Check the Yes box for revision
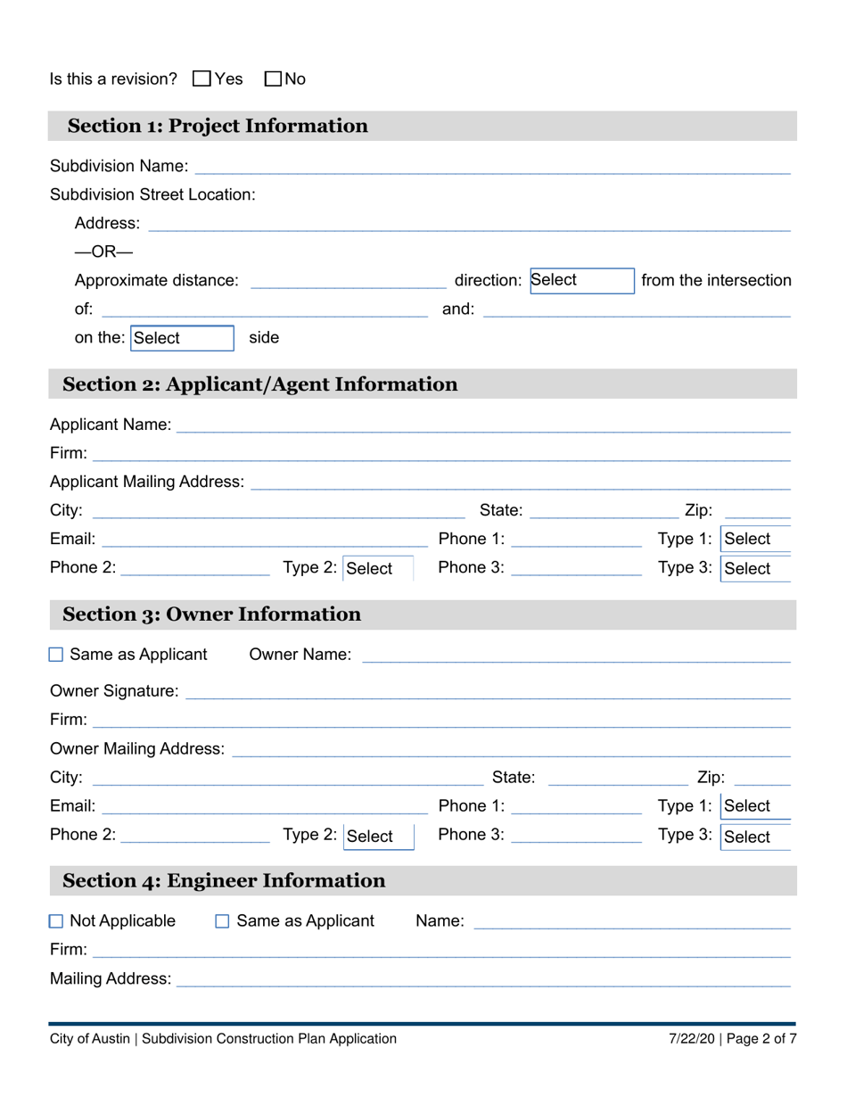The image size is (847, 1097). coord(201,79)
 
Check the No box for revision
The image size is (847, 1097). coord(274,79)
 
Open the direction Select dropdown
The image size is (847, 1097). coord(581,281)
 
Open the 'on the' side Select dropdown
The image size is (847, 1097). coord(182,338)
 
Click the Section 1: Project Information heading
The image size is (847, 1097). coord(218,126)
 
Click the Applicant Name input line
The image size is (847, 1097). coord(482,425)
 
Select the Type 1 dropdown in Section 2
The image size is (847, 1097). coord(755,540)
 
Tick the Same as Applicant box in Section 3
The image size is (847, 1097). coord(56,656)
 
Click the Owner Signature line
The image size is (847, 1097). coord(487,691)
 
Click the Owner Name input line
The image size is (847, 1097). coord(575,656)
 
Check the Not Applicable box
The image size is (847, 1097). coord(56,921)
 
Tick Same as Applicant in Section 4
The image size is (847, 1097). coord(223,921)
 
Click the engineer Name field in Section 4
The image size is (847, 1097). coord(631,921)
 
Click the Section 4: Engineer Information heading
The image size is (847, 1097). coord(224,881)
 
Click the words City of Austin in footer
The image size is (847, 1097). coord(90,1038)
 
